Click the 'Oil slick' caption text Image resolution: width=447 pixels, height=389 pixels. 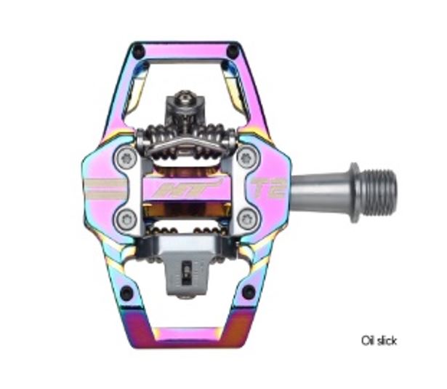[x=379, y=340]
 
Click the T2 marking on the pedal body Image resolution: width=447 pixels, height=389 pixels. [x=268, y=188]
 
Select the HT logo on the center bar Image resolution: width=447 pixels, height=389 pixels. [x=186, y=187]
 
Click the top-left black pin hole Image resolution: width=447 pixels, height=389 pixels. [x=138, y=52]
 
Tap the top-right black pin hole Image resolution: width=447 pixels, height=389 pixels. [x=233, y=52]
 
